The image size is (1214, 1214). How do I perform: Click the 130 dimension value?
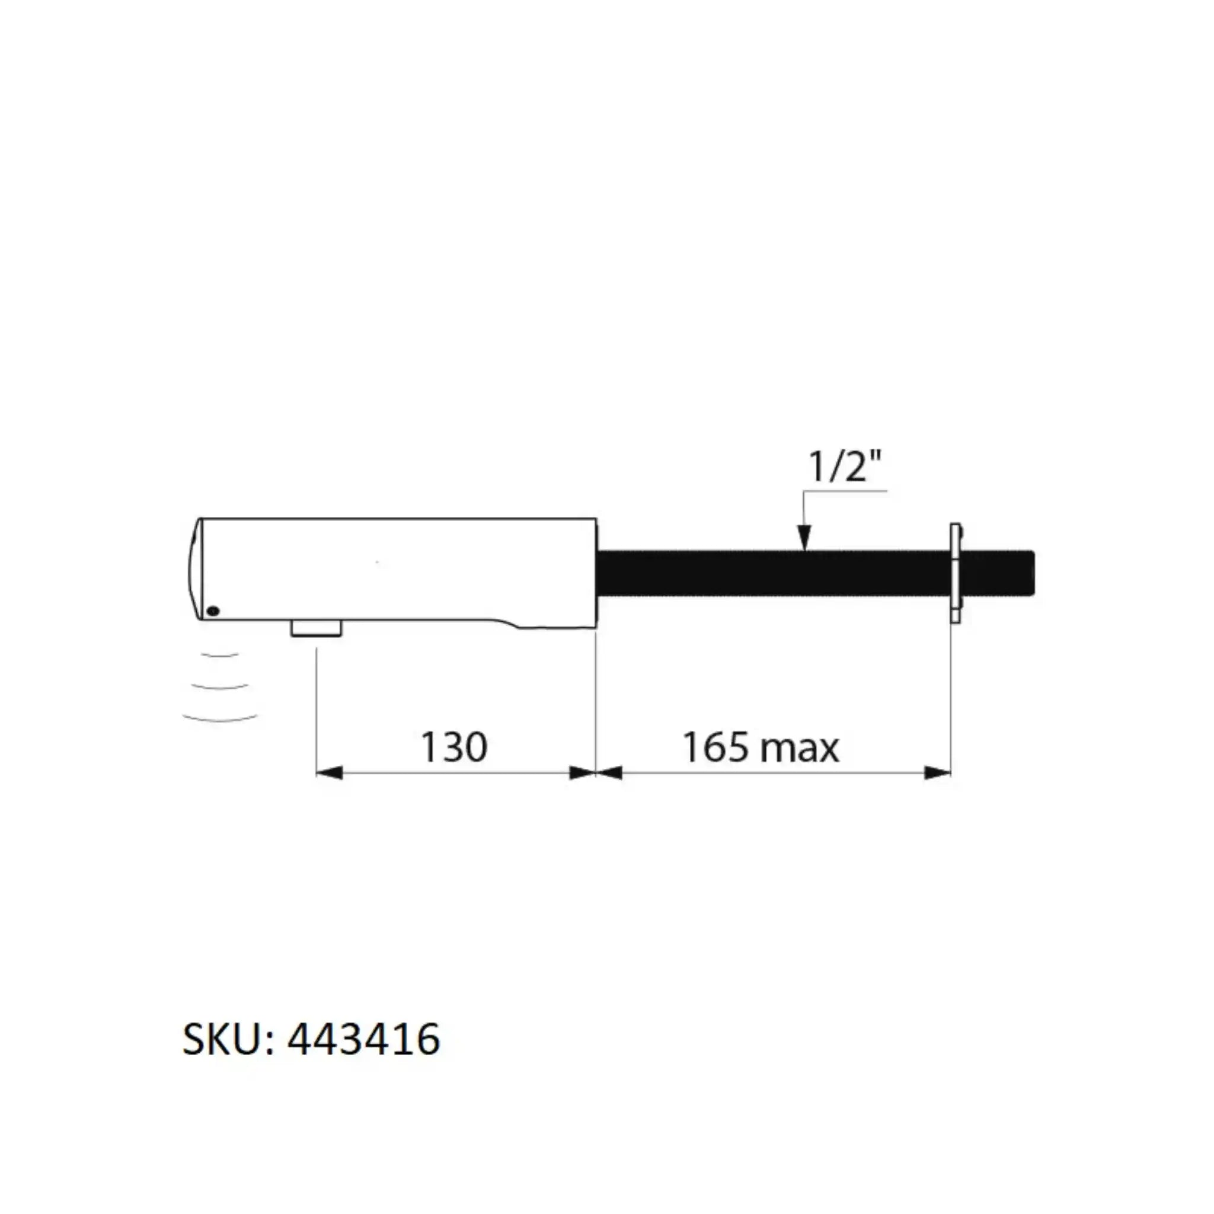(x=453, y=747)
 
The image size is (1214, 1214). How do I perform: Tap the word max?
(x=799, y=749)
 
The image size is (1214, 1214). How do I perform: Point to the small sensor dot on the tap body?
(x=213, y=610)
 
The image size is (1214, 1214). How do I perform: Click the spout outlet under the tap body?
(x=316, y=628)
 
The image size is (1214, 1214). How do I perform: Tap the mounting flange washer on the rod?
(x=956, y=573)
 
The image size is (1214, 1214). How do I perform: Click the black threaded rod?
(x=773, y=573)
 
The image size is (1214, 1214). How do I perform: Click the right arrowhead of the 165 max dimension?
(x=938, y=772)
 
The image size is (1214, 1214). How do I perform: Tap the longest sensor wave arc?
(x=220, y=718)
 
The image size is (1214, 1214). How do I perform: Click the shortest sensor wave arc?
(x=220, y=656)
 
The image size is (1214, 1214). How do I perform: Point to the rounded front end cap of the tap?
(x=196, y=568)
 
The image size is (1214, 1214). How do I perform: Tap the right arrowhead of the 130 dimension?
(x=582, y=772)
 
